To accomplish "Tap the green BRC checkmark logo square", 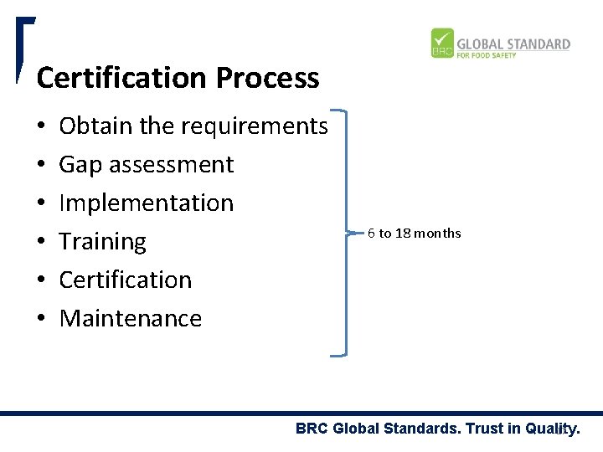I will (x=442, y=44).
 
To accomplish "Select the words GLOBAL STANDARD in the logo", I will (x=513, y=44).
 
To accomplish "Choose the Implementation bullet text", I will (x=147, y=203).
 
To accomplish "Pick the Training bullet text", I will (x=102, y=242).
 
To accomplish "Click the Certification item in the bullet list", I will (x=126, y=280).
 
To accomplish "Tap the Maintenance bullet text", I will (x=131, y=318).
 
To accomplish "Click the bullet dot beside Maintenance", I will (x=41, y=319).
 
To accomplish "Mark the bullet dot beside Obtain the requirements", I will (x=41, y=126).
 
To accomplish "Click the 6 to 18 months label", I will (x=414, y=233).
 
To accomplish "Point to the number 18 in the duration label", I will (x=402, y=233).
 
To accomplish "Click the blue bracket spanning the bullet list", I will (x=345, y=233).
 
